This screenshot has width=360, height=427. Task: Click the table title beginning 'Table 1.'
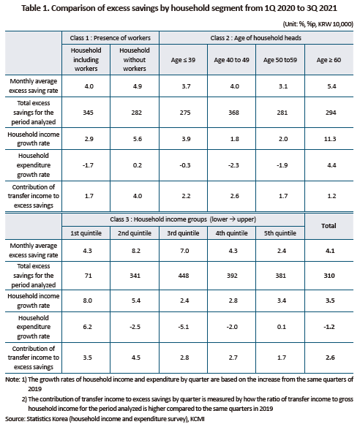pos(179,8)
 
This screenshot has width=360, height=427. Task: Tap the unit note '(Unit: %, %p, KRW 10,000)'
pos(318,24)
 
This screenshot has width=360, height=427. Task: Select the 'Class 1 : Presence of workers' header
pos(110,38)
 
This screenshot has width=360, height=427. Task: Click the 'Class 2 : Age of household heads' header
pos(255,38)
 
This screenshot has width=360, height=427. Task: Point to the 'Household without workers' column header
pos(135,60)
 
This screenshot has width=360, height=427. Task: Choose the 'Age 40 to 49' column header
pos(231,60)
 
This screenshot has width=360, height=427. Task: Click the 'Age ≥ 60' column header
pos(329,60)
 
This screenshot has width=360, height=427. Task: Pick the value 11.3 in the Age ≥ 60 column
pos(330,139)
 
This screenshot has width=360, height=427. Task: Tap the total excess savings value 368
pos(233,113)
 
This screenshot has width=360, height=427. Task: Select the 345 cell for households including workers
pos(88,113)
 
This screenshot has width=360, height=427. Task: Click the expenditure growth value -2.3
pos(233,165)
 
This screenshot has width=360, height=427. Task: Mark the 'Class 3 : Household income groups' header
pos(183,219)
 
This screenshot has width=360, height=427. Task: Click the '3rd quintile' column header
pos(183,233)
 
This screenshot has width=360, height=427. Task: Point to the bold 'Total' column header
pos(329,226)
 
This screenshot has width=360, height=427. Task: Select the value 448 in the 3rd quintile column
pos(184,276)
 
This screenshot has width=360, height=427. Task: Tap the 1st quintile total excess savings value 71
pos(88,276)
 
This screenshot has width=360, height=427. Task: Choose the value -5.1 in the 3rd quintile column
pos(184,327)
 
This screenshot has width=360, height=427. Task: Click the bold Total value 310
pos(329,276)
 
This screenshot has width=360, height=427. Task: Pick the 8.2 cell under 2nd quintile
pos(136,251)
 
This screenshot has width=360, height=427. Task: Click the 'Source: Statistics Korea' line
pos(105,419)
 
